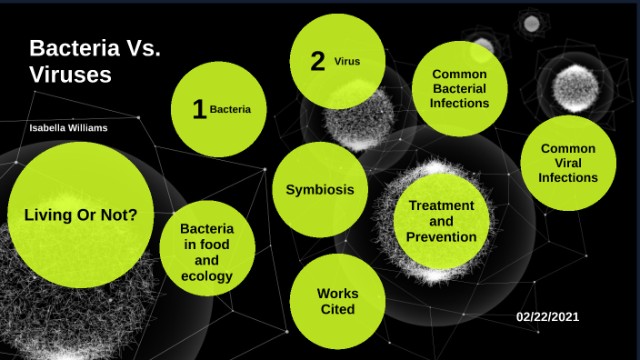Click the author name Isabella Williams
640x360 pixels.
[x=68, y=128]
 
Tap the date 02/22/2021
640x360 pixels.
[x=547, y=316]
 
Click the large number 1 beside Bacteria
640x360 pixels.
[x=199, y=110]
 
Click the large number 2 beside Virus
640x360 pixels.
[x=317, y=62]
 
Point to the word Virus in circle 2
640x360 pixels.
[x=347, y=62]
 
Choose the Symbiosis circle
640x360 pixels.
[x=314, y=190]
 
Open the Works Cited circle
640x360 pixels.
[x=336, y=301]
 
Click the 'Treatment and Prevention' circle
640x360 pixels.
[x=441, y=221]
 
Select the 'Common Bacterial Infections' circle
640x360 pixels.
[x=460, y=89]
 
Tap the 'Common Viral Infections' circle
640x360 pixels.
[x=568, y=163]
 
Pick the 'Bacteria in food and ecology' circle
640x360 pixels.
[x=206, y=252]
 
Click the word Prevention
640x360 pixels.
[x=441, y=237]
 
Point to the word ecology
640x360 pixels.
[x=206, y=276]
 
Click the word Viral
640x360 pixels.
[x=568, y=163]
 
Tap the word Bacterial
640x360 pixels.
[x=460, y=89]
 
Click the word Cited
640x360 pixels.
[x=336, y=309]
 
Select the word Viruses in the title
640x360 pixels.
[x=70, y=75]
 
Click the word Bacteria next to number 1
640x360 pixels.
[x=230, y=109]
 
